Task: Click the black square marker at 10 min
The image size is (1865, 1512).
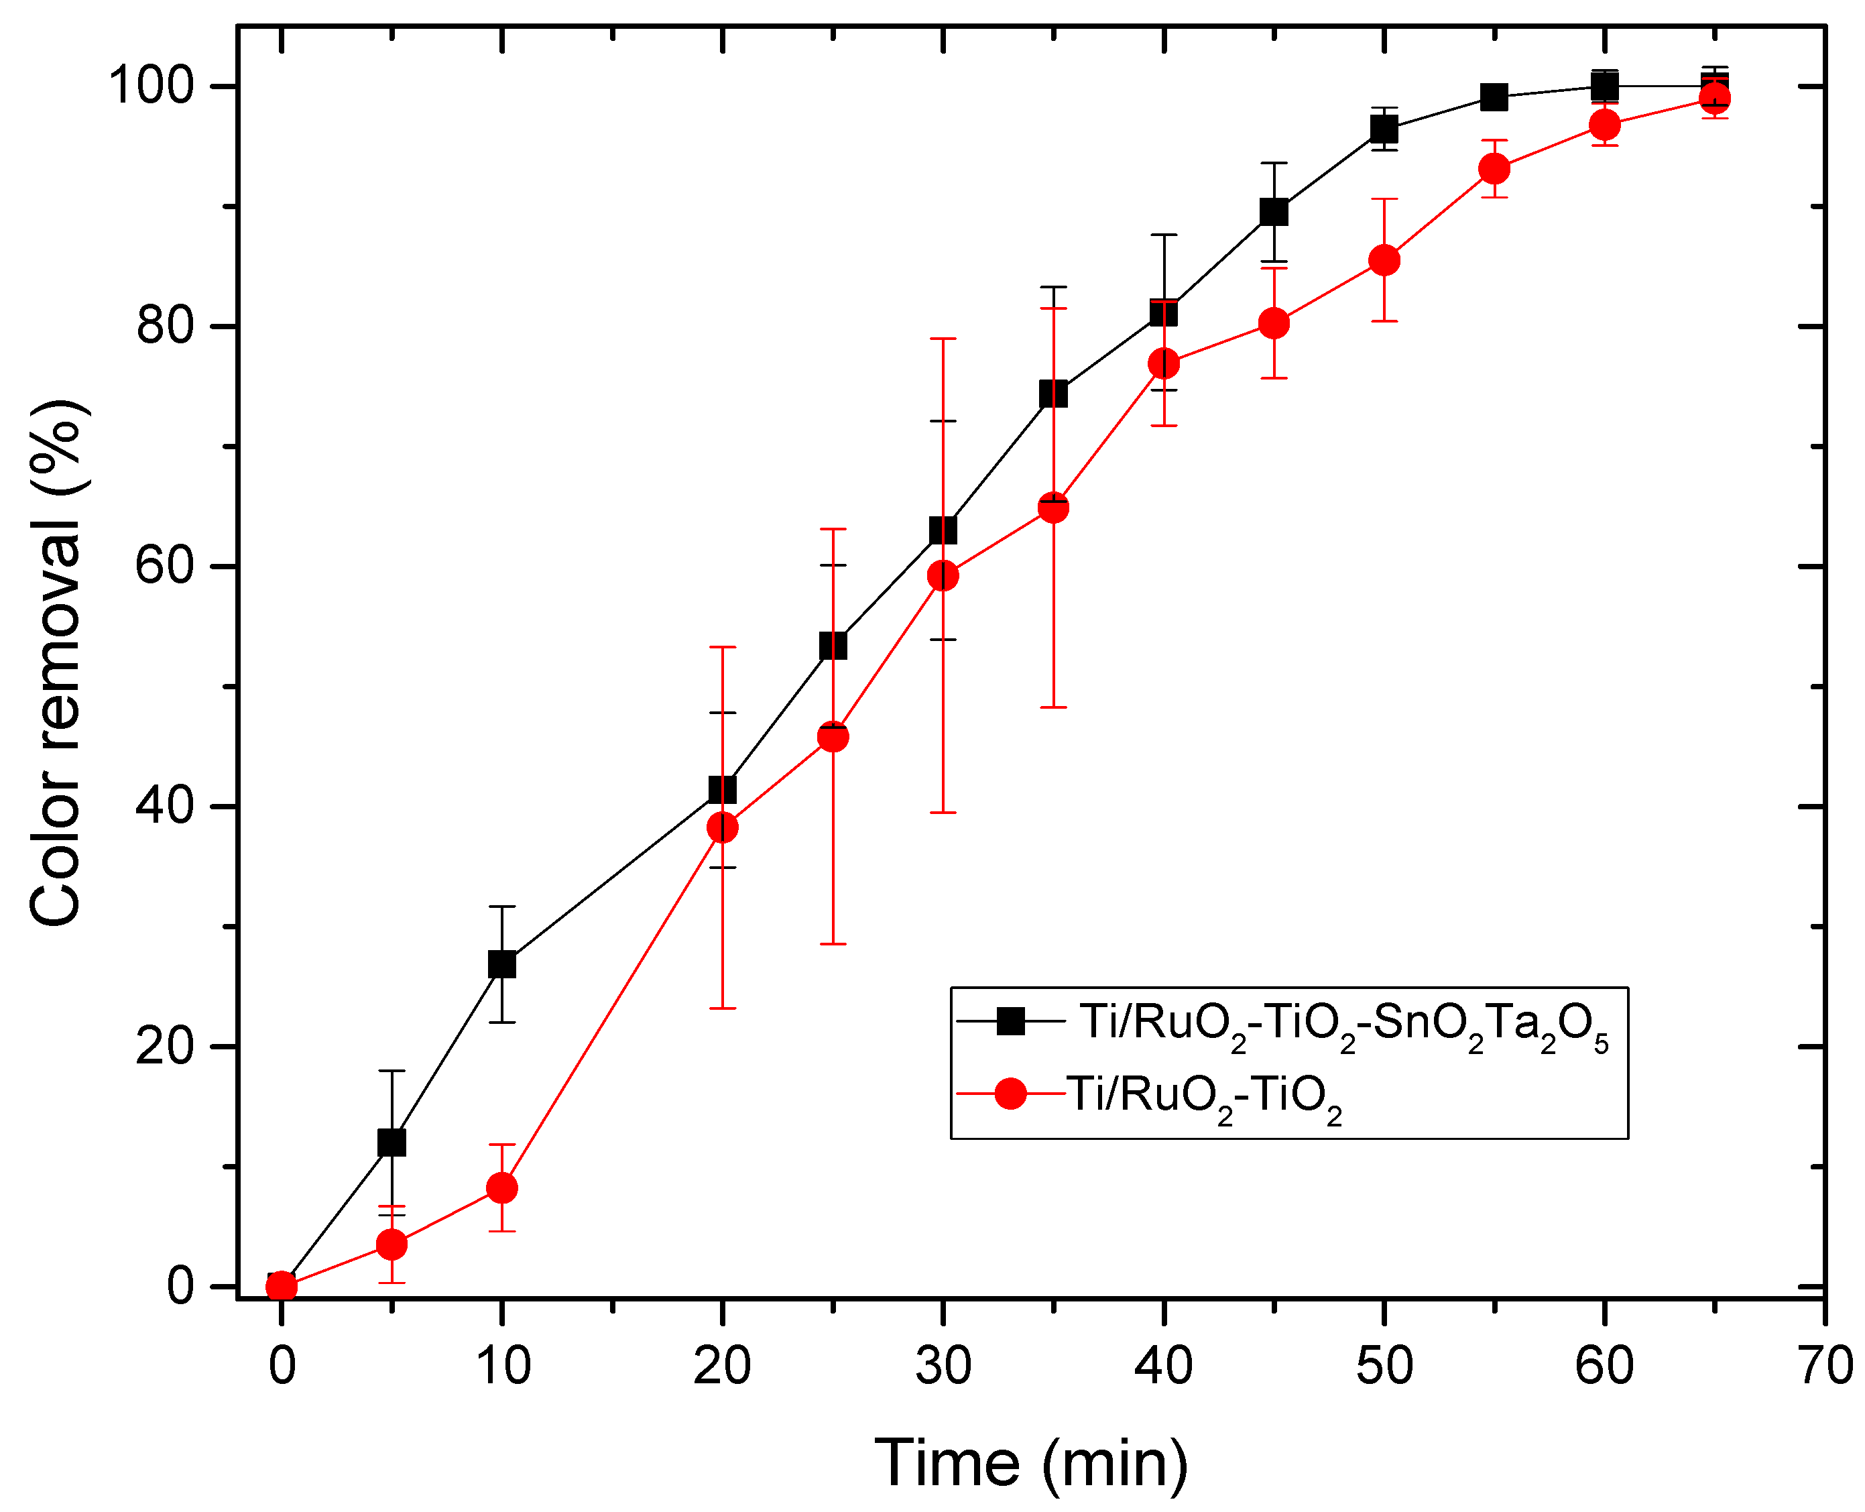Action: tap(501, 965)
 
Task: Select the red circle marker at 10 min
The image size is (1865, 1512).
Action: tap(501, 1188)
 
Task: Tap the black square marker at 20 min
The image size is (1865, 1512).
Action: tap(723, 790)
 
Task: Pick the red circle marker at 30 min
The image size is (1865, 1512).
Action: tap(943, 576)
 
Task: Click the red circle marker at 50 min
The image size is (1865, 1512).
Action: tap(1384, 260)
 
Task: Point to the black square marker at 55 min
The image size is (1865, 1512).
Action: tap(1494, 97)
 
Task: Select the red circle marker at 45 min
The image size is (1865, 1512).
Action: tap(1274, 323)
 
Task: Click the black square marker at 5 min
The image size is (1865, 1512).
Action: tap(392, 1143)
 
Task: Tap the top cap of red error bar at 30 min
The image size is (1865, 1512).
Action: tap(943, 339)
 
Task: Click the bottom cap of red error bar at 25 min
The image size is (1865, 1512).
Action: tap(833, 944)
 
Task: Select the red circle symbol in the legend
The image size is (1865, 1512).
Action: tap(1010, 1093)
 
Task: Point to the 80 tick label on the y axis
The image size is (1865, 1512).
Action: tap(164, 327)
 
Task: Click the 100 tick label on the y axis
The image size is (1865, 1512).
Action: tap(149, 86)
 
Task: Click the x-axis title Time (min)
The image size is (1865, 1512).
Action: tap(1031, 1463)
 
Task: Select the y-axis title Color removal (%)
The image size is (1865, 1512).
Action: tap(56, 664)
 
